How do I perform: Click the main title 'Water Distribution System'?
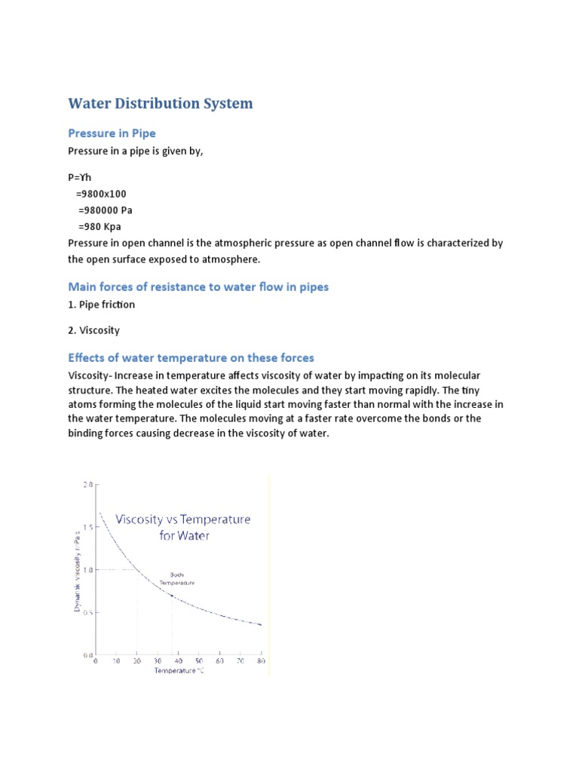(160, 103)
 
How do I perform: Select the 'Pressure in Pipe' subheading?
(112, 133)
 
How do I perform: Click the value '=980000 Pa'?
(105, 210)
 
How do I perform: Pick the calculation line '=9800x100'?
(101, 193)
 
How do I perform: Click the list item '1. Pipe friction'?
(102, 305)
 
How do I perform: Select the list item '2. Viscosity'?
(93, 330)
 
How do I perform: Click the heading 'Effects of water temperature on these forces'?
(191, 357)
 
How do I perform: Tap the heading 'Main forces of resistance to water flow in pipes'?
(198, 286)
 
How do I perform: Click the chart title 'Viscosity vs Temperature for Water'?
(183, 528)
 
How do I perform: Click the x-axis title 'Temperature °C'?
(179, 670)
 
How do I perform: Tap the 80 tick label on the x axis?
(261, 661)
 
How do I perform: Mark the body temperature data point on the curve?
(172, 596)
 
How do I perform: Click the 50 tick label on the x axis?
(199, 661)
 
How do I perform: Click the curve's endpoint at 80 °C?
(261, 624)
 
